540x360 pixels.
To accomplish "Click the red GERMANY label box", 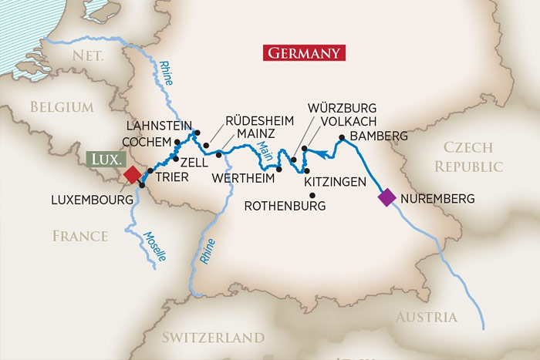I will (304, 53).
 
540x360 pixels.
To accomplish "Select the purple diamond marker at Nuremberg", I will (386, 198).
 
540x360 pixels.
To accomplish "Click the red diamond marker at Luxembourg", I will (133, 175).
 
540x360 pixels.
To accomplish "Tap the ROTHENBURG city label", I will (285, 206).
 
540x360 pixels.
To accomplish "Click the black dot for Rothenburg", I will (312, 194).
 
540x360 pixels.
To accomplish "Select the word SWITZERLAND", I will (213, 337).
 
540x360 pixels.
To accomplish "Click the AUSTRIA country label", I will (427, 317).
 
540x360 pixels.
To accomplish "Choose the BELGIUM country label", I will (62, 107).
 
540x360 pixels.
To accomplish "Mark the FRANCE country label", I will (80, 236).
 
